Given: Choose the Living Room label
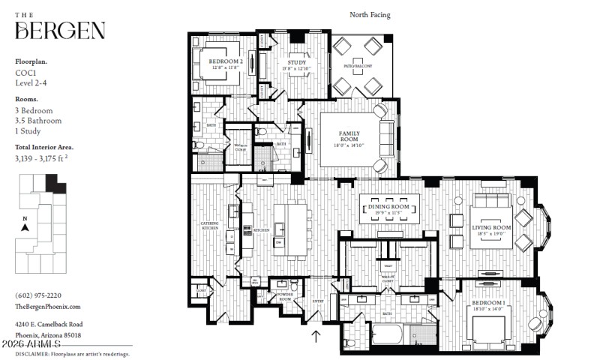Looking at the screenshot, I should (491, 227).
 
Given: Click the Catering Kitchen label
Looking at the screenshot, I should (209, 226).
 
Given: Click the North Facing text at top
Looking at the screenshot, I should (370, 14).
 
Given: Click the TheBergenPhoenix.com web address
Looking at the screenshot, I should (48, 306).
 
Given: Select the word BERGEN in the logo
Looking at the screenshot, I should (60, 31).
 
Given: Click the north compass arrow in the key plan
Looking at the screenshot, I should (25, 226).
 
